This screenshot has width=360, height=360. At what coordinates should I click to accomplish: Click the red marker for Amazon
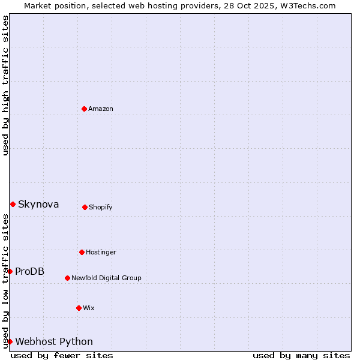pos(84,109)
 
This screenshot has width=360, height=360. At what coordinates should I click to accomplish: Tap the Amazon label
pos(101,109)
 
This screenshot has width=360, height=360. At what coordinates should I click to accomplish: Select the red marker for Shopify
pos(85,207)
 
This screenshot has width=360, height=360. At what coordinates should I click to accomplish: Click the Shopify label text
pos(100,207)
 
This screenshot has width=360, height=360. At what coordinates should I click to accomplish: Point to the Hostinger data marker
pos(82,252)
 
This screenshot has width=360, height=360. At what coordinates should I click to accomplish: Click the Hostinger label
pos(101,252)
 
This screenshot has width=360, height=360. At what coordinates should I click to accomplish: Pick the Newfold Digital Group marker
pos(67,278)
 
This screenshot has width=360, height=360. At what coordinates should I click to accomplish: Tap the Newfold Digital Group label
pos(106,278)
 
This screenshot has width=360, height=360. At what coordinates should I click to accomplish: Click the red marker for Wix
pos(79,308)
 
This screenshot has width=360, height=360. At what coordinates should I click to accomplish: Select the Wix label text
pos(89,308)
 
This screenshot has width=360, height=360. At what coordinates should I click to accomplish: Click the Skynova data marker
pos(13,204)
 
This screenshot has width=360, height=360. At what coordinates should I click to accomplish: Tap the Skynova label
pos(38,205)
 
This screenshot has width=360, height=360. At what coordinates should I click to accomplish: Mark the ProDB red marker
pos(10,271)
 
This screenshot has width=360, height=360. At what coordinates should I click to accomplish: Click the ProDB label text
pos(29,271)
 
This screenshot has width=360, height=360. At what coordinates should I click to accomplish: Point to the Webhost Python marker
pos(10,341)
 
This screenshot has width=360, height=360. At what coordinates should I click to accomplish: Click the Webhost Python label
pos(54,342)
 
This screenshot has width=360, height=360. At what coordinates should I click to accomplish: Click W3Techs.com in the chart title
pos(307,5)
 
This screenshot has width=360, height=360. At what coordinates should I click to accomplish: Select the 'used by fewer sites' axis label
pos(62,355)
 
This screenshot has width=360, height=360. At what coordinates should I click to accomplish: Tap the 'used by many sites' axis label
pos(301,355)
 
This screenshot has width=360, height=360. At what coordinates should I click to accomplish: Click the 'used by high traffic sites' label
pos(5,85)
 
